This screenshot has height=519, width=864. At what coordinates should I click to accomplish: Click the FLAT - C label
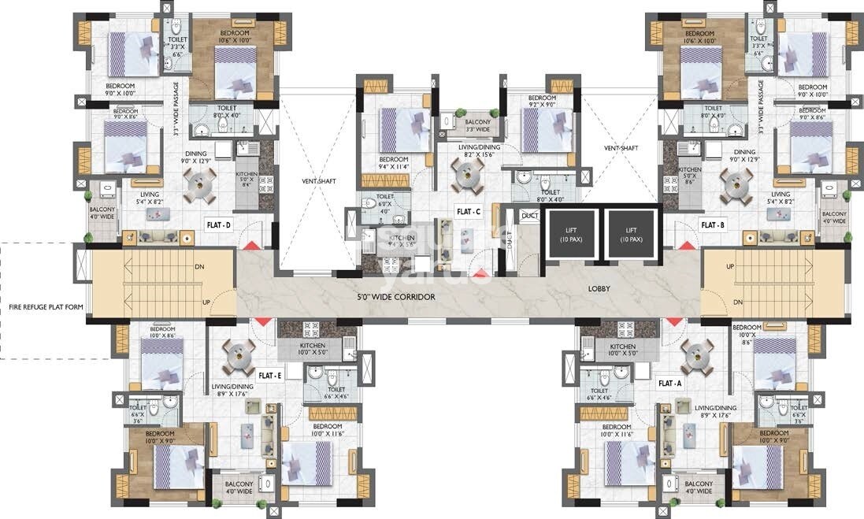(469, 212)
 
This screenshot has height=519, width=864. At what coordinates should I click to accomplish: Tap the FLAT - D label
(217, 224)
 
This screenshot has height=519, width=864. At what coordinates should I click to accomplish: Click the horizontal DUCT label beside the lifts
(530, 216)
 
